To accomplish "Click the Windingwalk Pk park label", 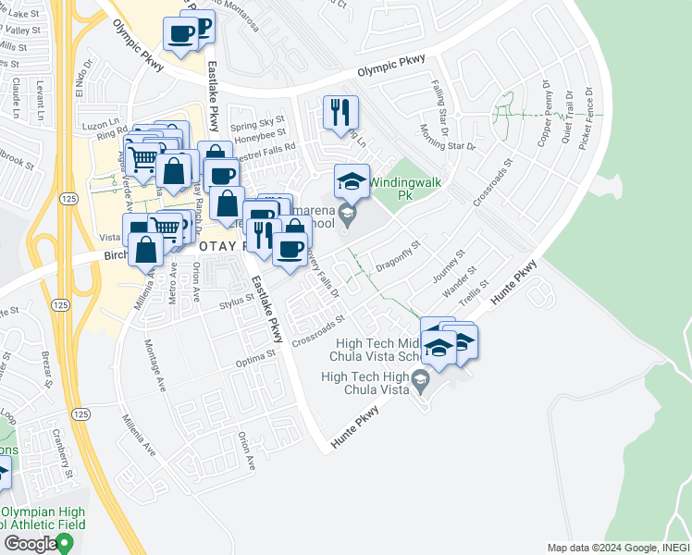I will coord(403,189).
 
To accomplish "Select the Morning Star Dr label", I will coord(447,138).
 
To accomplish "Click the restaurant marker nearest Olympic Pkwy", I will coord(338,114).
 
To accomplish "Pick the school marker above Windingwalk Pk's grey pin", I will coord(352,181).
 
